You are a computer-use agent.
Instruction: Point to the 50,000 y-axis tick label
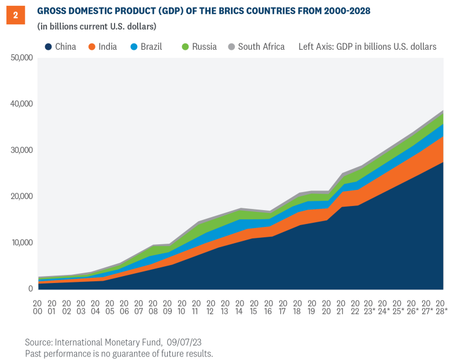coord(21,58)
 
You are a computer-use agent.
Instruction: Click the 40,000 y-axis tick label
coord(21,104)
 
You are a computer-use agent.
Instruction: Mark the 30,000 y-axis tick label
coord(21,150)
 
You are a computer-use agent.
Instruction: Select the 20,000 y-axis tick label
coord(21,197)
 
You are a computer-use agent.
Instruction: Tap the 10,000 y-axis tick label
coord(21,243)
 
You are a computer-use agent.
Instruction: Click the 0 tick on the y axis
coord(30,289)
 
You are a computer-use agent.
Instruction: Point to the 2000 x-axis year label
coord(38,307)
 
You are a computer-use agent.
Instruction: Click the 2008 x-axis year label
coord(153,307)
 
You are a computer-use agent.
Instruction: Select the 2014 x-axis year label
coord(239,307)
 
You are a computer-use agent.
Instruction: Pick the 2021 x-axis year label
coord(340,307)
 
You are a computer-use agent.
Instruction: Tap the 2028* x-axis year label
coord(441,307)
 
